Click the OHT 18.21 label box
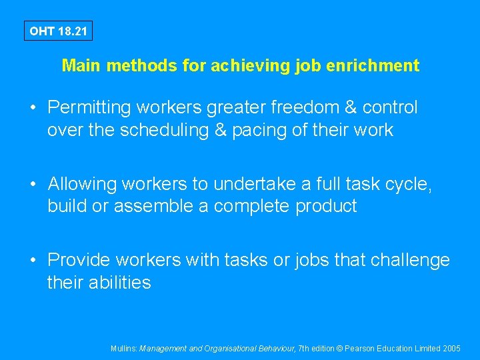(58, 31)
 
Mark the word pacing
(269, 130)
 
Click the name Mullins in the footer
(123, 348)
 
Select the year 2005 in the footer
(451, 348)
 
